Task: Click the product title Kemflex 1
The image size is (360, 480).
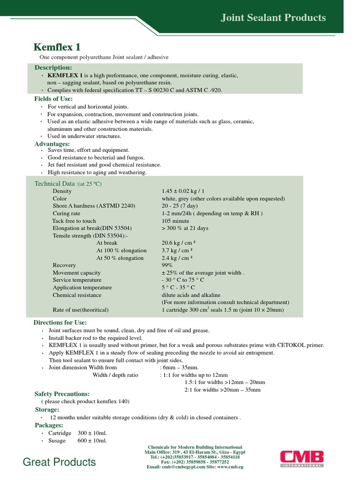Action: click(57, 47)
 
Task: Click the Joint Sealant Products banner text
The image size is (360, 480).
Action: click(273, 18)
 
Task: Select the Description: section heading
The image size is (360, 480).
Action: click(53, 68)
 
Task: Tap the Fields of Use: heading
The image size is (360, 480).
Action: click(53, 99)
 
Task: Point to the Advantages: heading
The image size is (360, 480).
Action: click(52, 143)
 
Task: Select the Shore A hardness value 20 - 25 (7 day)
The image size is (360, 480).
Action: click(180, 206)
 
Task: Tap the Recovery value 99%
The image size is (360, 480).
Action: click(167, 265)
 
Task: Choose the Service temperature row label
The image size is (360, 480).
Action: click(77, 280)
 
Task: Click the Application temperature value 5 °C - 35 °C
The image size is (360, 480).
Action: click(178, 287)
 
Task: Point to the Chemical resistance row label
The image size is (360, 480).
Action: click(77, 295)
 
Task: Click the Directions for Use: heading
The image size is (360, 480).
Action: click(60, 322)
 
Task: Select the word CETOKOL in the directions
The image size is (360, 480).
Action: click(290, 345)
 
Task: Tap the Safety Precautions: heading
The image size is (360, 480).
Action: click(62, 394)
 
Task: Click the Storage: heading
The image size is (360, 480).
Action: click(47, 409)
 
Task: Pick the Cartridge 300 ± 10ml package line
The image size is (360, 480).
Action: click(77, 433)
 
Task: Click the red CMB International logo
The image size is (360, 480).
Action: click(301, 458)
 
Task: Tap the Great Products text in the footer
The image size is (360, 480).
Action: click(60, 462)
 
